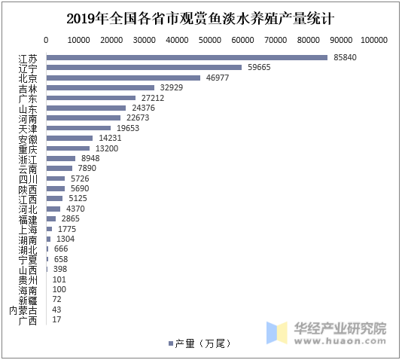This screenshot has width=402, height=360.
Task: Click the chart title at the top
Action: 200,17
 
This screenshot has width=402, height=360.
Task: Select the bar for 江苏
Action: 187,57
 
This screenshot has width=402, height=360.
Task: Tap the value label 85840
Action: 345,57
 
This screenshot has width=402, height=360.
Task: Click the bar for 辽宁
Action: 144,67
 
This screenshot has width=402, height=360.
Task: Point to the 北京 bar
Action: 123,78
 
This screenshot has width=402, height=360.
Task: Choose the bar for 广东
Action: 91,98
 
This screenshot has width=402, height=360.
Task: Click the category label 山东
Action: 28,108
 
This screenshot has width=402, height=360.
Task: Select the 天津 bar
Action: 78,128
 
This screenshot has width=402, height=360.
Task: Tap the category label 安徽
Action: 28,139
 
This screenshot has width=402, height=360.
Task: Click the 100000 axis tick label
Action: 373,40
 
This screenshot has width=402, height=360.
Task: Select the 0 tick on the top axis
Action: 47,40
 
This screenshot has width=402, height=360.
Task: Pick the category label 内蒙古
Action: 23,310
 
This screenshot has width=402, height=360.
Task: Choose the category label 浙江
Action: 28,159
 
